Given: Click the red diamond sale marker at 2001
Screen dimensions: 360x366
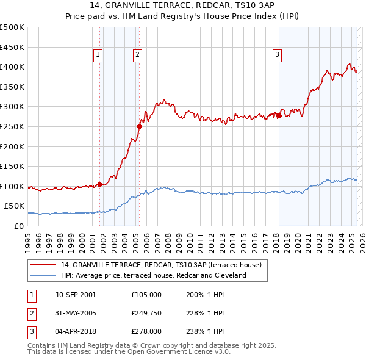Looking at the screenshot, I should click(x=99, y=184).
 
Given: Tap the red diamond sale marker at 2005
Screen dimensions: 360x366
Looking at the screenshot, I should click(x=139, y=127).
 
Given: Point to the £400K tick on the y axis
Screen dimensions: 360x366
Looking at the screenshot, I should click(x=12, y=67).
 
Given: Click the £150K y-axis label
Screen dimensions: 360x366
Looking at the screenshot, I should click(x=12, y=166).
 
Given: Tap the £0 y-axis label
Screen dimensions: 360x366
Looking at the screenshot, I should click(x=18, y=226).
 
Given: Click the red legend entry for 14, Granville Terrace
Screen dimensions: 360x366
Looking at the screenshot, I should click(x=161, y=265).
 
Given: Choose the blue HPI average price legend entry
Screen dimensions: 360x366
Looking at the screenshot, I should click(x=153, y=275).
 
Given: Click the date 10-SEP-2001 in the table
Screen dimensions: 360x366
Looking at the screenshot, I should click(x=76, y=295).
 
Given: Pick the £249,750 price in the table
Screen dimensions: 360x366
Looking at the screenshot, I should click(x=146, y=313).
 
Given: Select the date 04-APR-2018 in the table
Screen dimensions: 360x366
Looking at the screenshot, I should click(x=75, y=331).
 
